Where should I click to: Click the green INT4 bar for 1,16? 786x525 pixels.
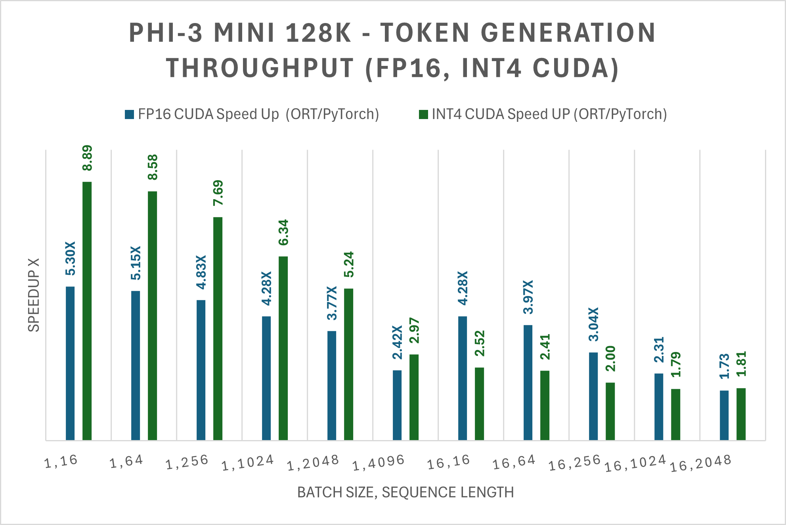tap(87, 311)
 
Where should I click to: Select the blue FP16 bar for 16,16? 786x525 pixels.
tap(463, 378)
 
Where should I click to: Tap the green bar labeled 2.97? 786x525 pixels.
tap(414, 397)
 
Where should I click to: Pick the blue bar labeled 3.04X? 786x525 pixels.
tap(593, 396)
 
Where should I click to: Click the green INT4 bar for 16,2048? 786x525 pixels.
tap(741, 414)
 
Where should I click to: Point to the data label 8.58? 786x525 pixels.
tap(153, 167)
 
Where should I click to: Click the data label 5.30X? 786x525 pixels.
tap(70, 258)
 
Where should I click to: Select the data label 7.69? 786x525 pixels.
tap(218, 193)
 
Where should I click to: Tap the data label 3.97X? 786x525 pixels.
tap(528, 297)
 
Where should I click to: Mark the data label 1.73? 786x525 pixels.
tap(724, 366)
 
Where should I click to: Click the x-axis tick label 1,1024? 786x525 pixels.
tap(248, 463)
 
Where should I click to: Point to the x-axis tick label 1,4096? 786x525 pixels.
tap(379, 462)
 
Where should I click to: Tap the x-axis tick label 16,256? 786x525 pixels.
tap(575, 462)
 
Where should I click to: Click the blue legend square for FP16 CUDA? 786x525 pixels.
tap(129, 115)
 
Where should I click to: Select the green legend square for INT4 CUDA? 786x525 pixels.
tap(423, 115)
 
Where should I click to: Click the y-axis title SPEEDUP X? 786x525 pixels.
tap(34, 295)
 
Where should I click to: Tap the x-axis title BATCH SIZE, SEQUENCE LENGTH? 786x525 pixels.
tap(405, 492)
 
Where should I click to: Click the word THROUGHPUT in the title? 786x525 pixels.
tap(260, 68)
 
